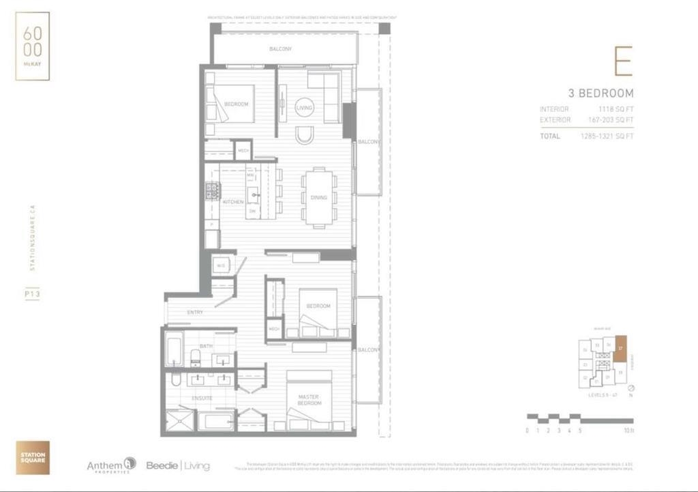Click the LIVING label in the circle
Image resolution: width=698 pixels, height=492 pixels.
click(x=304, y=108)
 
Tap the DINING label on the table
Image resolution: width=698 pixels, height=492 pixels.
click(x=318, y=198)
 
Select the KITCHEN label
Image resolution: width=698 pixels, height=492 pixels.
click(x=233, y=202)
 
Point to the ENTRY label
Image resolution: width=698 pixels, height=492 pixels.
click(x=196, y=313)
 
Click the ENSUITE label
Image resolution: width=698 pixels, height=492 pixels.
click(x=202, y=398)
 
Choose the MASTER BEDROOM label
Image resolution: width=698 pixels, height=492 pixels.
click(x=309, y=400)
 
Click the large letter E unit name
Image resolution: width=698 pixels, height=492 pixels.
click(x=622, y=62)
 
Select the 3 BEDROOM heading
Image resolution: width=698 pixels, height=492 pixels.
click(x=601, y=93)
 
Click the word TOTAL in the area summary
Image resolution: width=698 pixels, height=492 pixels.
click(x=550, y=136)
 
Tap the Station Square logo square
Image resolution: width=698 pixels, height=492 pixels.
click(x=33, y=457)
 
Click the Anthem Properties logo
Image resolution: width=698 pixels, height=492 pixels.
click(x=111, y=465)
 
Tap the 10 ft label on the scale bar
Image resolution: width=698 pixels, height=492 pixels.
click(x=628, y=431)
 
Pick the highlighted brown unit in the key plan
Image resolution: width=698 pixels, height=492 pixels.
click(x=620, y=347)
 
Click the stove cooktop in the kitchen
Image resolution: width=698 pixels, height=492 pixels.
click(x=213, y=192)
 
